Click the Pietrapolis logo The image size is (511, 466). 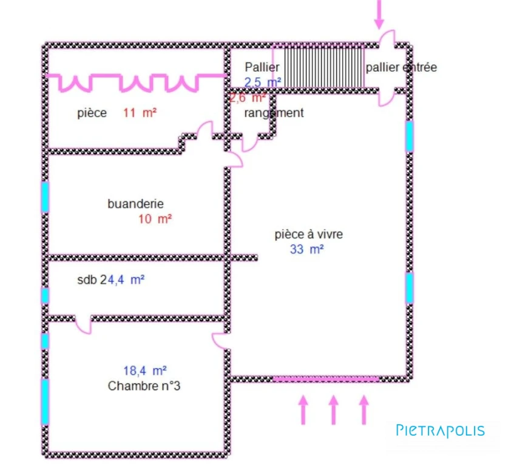440,430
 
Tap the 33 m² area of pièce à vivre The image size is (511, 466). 306,249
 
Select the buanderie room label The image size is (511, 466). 135,204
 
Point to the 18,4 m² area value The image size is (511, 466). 145,371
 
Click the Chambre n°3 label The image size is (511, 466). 144,386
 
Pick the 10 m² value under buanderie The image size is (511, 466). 155,219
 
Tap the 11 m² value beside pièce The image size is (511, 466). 140,113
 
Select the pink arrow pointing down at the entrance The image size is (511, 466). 379,14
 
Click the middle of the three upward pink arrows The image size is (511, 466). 333,410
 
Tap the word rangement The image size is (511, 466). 274,113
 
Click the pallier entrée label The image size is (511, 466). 401,67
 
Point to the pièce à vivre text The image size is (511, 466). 309,234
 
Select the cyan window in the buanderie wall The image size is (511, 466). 45,197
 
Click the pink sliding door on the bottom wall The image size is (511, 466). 326,379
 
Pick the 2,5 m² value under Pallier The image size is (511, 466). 263,82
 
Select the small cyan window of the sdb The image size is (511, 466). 45,295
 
